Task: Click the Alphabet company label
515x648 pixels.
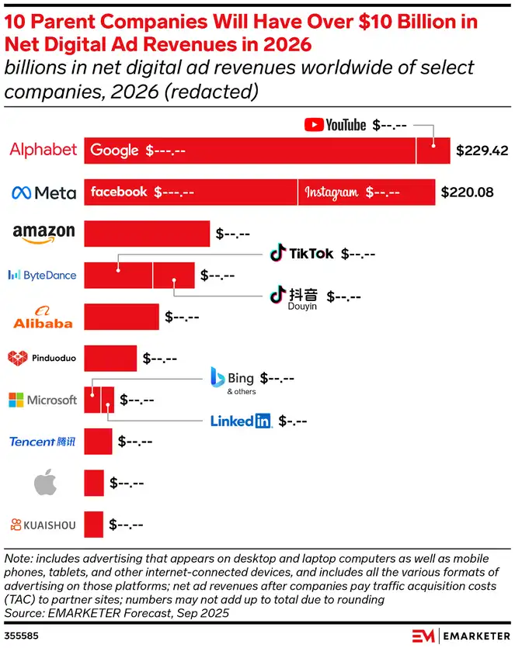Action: (43, 150)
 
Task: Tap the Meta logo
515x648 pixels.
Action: (43, 192)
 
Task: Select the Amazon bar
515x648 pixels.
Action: (147, 234)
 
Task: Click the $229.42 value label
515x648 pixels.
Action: (481, 150)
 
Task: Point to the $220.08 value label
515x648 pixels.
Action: (467, 192)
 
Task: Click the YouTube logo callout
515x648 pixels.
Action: (335, 125)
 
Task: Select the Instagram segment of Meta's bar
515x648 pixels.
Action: (366, 192)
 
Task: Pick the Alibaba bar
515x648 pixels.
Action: (121, 317)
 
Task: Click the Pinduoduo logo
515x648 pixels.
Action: (42, 359)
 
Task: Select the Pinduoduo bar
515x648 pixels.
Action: (110, 359)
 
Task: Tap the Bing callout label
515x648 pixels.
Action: (232, 379)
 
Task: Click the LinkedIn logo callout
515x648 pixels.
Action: (241, 421)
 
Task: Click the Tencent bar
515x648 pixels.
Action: (98, 442)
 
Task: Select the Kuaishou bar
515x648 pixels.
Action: (93, 525)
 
